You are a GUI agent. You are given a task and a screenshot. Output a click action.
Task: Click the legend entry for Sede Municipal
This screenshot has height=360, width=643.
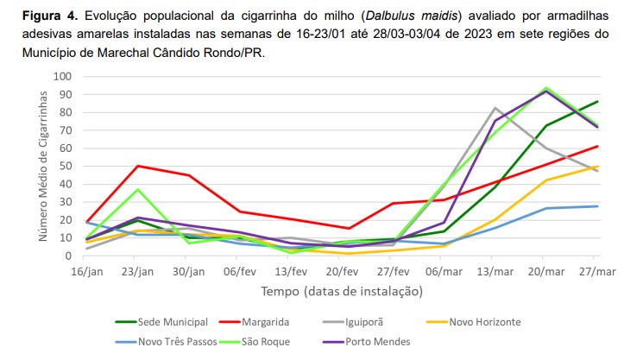173,322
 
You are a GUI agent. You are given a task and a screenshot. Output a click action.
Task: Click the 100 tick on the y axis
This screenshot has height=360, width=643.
61,76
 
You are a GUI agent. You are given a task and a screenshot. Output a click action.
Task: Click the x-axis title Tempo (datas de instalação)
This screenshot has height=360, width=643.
342,292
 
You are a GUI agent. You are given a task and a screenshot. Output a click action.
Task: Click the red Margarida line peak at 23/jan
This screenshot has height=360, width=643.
138,166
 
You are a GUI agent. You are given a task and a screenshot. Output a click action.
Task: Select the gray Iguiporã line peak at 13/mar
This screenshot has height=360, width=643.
495,108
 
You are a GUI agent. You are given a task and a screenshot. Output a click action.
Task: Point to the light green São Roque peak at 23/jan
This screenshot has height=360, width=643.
138,189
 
